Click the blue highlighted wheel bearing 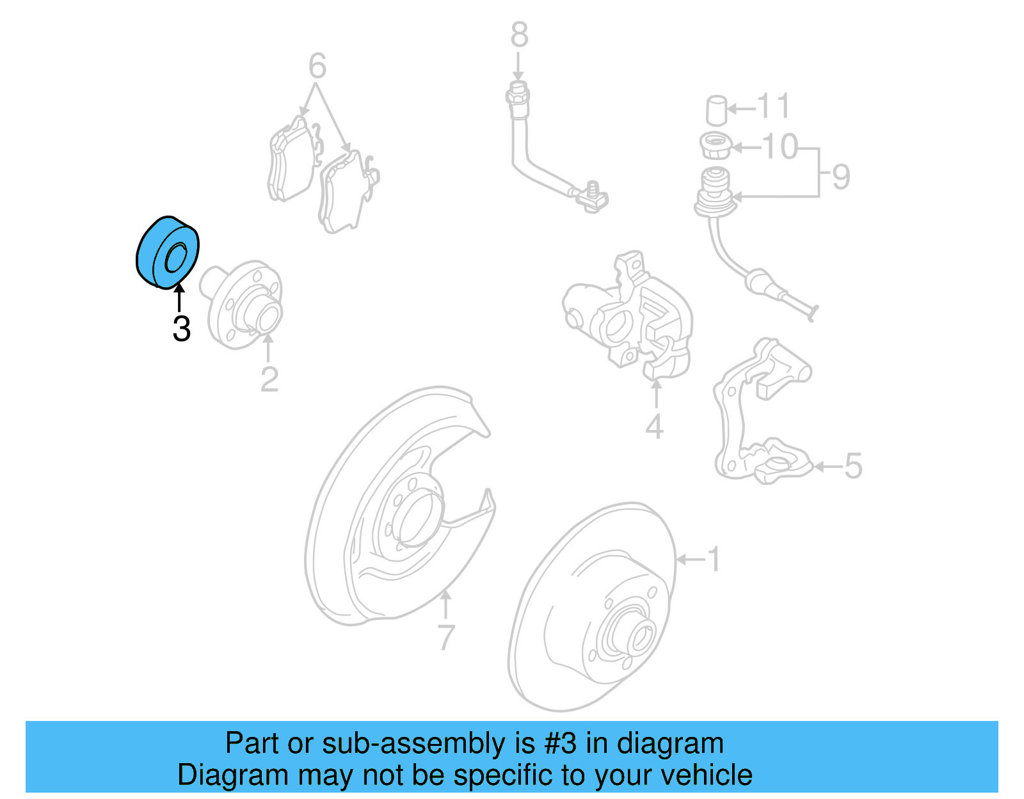pyautogui.click(x=168, y=253)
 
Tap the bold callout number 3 pyautogui.click(x=182, y=329)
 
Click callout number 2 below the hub pyautogui.click(x=269, y=379)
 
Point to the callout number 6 pyautogui.click(x=317, y=66)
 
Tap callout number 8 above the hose pyautogui.click(x=519, y=35)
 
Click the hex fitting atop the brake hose pyautogui.click(x=518, y=96)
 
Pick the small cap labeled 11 pyautogui.click(x=717, y=110)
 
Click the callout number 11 pyautogui.click(x=773, y=106)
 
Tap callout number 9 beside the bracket pyautogui.click(x=841, y=176)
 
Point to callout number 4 pyautogui.click(x=654, y=426)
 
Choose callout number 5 pyautogui.click(x=853, y=466)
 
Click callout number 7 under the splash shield pyautogui.click(x=446, y=637)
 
